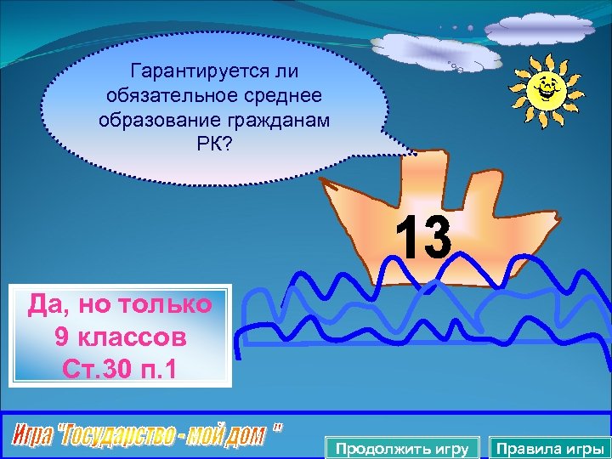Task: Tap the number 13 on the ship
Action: (x=423, y=238)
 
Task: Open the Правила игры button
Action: (x=550, y=448)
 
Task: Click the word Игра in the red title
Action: (x=34, y=436)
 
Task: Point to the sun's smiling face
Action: (x=543, y=85)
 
